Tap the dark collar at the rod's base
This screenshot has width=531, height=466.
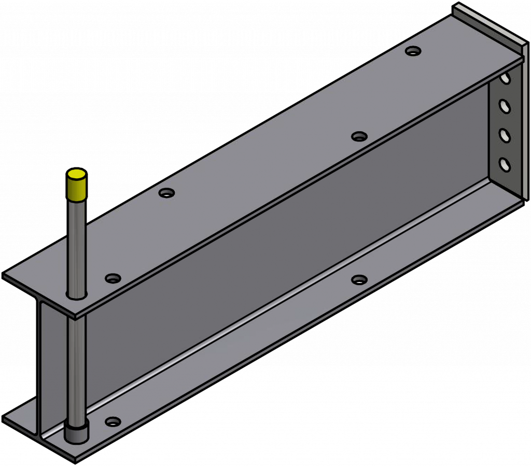tap(76, 432)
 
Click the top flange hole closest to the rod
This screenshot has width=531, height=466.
tap(113, 278)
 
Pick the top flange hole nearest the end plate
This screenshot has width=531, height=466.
tap(413, 51)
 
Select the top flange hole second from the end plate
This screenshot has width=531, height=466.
tap(359, 136)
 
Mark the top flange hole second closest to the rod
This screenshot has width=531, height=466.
tap(166, 193)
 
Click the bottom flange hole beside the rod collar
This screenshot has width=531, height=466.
tap(113, 421)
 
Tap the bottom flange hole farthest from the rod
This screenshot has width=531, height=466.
tap(359, 280)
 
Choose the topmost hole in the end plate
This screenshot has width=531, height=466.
tap(505, 79)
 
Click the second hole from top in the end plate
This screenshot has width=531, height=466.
tap(504, 106)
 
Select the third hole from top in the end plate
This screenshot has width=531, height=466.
tap(504, 135)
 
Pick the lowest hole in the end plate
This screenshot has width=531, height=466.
tap(504, 164)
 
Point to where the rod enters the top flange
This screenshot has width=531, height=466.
tap(76, 296)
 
